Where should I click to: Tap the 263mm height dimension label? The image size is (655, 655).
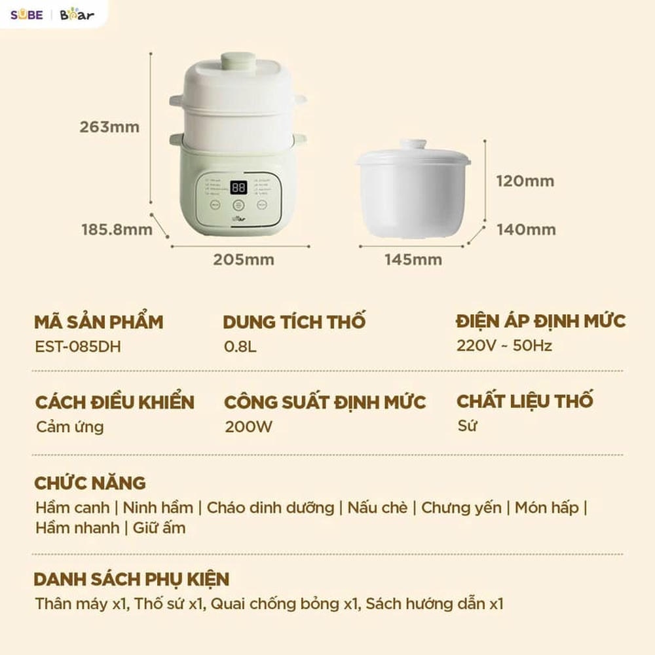(x=109, y=127)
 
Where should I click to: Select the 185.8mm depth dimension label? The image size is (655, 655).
(x=117, y=229)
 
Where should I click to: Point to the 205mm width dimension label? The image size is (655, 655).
(x=243, y=259)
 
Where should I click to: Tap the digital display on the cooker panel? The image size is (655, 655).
(x=238, y=188)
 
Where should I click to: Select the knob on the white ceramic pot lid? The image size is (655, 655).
(x=413, y=144)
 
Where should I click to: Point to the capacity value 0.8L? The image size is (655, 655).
(x=240, y=346)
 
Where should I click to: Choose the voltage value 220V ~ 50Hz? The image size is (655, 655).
(x=504, y=345)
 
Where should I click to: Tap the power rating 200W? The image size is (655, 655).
(x=248, y=427)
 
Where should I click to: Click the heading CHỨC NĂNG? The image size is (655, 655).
(x=90, y=483)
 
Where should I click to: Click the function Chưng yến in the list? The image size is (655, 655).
(x=461, y=507)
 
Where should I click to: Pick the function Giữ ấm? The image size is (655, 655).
(x=159, y=527)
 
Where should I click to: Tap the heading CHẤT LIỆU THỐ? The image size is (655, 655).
(x=525, y=400)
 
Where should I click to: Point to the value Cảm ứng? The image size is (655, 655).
(x=69, y=427)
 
